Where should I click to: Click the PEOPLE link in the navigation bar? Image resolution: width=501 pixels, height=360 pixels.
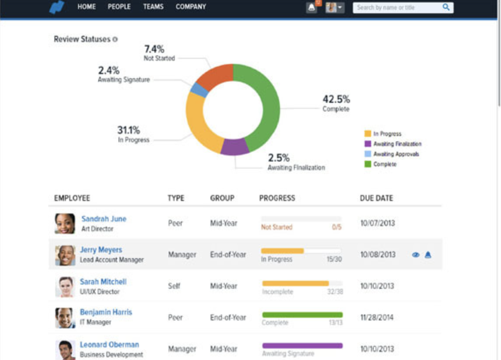(x=119, y=7)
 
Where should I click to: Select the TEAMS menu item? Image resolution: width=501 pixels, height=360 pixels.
(x=153, y=7)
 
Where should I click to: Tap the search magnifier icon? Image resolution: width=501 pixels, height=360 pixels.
(x=446, y=7)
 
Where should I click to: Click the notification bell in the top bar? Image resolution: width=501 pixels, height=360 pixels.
(x=311, y=8)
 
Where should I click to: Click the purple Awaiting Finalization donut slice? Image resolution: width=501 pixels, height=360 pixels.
(x=234, y=147)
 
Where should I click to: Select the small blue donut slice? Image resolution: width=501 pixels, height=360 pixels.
(x=199, y=90)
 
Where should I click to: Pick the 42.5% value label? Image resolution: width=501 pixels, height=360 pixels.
(x=336, y=99)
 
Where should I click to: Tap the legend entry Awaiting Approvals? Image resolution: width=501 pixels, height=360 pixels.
(x=396, y=154)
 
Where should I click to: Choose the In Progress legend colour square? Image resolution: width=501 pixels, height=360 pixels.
(x=368, y=134)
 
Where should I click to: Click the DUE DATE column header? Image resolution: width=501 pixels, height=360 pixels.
(x=376, y=198)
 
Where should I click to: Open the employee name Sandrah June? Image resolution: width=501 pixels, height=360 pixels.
(x=104, y=219)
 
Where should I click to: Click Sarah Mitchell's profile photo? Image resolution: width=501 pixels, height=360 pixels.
(x=65, y=287)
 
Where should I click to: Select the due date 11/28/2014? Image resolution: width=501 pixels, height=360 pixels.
(x=377, y=317)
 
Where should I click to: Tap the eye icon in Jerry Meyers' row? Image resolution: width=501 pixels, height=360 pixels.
(x=415, y=255)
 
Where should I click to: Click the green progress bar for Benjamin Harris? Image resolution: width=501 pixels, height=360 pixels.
(x=302, y=315)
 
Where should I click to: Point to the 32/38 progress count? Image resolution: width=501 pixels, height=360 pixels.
(x=335, y=292)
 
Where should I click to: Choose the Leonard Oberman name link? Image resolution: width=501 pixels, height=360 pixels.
(x=109, y=345)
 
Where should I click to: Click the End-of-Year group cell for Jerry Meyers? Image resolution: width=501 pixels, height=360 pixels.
(x=228, y=255)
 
